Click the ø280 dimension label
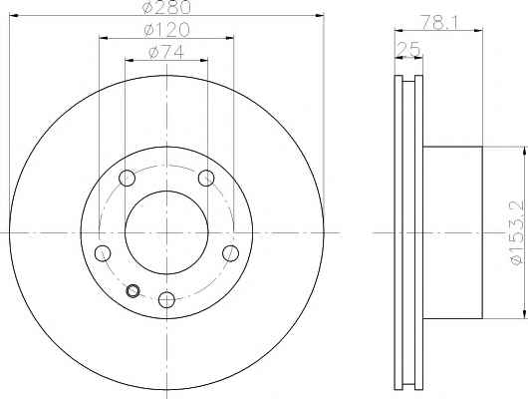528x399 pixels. pyautogui.click(x=166, y=7)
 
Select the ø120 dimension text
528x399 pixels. pyautogui.click(x=166, y=30)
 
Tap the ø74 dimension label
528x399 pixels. pyautogui.click(x=166, y=52)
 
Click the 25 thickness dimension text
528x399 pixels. pyautogui.click(x=408, y=49)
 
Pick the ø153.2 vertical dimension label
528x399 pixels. pyautogui.click(x=517, y=232)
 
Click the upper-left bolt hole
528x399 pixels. pyautogui.click(x=127, y=178)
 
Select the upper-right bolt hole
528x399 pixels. pyautogui.click(x=206, y=178)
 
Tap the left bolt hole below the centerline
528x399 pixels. pyautogui.click(x=103, y=253)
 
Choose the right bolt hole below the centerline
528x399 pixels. pyautogui.click(x=231, y=253)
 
